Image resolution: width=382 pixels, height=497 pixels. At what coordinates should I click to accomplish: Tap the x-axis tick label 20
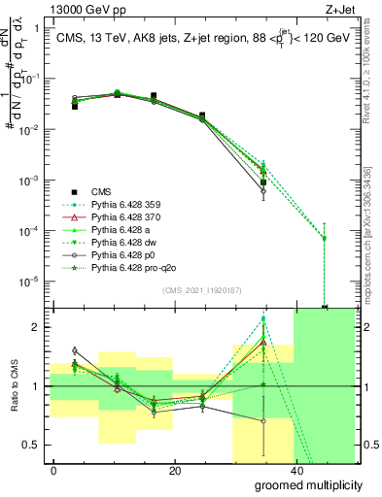coord(174,471)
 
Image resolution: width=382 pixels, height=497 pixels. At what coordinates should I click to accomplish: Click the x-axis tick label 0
coord(54,471)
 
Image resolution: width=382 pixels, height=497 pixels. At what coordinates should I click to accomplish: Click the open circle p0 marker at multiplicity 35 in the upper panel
coord(263,191)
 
